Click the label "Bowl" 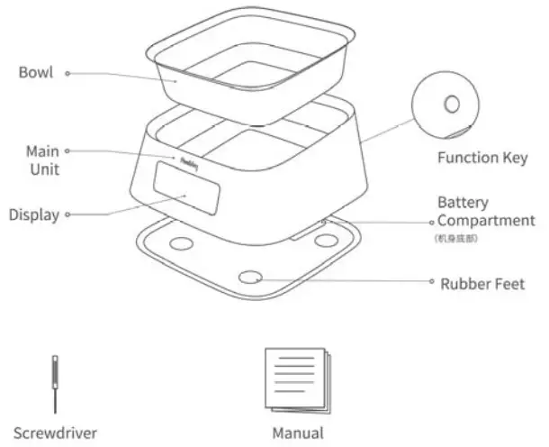[x=36, y=73]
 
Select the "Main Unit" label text [x=41, y=160]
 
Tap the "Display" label [x=34, y=214]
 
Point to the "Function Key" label [x=481, y=158]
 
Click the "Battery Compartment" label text [x=485, y=211]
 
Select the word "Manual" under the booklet [x=297, y=433]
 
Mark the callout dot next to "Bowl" [x=67, y=73]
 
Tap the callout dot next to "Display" [x=67, y=214]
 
